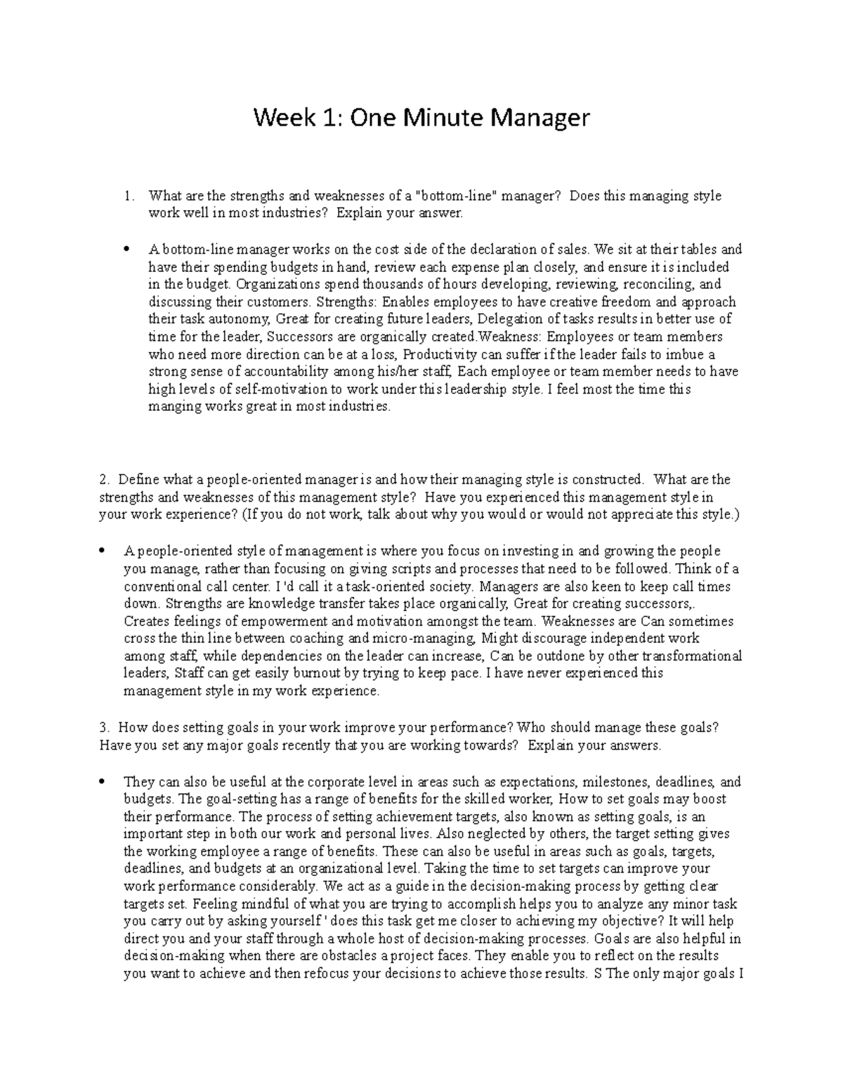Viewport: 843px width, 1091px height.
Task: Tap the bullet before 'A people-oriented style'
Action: pos(103,551)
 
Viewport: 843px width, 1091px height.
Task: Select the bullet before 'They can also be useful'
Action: pos(103,782)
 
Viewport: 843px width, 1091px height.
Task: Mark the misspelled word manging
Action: pos(170,407)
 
